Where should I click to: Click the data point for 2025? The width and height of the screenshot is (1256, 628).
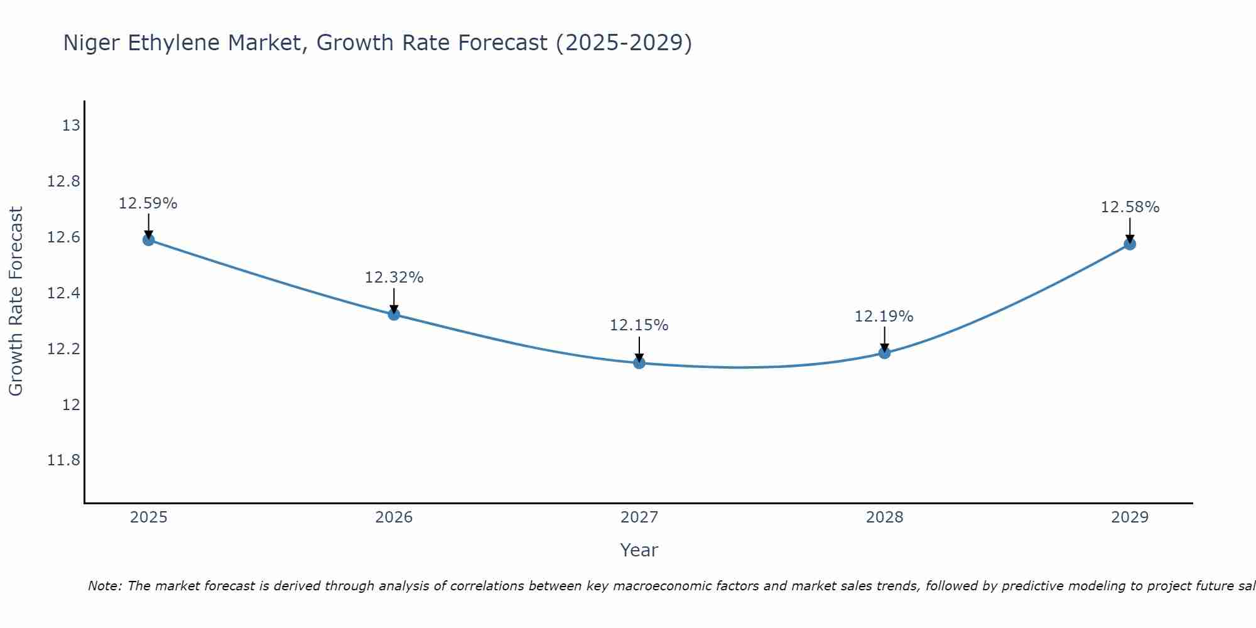pyautogui.click(x=149, y=239)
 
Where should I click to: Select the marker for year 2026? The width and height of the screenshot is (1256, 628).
pyautogui.click(x=394, y=314)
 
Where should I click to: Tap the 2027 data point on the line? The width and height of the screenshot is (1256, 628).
pyautogui.click(x=639, y=362)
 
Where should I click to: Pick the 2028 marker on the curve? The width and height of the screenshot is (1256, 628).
pyautogui.click(x=884, y=352)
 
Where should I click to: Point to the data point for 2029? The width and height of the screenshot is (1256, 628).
pyautogui.click(x=1130, y=244)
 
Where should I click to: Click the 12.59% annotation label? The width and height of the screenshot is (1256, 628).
pyautogui.click(x=148, y=203)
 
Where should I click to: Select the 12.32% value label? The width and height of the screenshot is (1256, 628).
pyautogui.click(x=394, y=278)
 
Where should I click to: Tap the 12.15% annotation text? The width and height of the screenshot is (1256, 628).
pyautogui.click(x=639, y=325)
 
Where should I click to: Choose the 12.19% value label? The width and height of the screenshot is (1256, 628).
pyautogui.click(x=884, y=317)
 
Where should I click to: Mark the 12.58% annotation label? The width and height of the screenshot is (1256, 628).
pyautogui.click(x=1130, y=207)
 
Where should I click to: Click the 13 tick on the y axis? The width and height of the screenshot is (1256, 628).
pyautogui.click(x=71, y=126)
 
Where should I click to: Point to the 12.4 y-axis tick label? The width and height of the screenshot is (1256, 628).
pyautogui.click(x=64, y=293)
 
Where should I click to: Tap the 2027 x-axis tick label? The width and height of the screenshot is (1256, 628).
pyautogui.click(x=639, y=517)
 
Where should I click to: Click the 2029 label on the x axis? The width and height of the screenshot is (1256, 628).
pyautogui.click(x=1130, y=517)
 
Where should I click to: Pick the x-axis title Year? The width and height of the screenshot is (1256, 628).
pyautogui.click(x=639, y=550)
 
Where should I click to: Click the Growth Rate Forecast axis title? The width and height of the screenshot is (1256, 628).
pyautogui.click(x=16, y=301)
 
